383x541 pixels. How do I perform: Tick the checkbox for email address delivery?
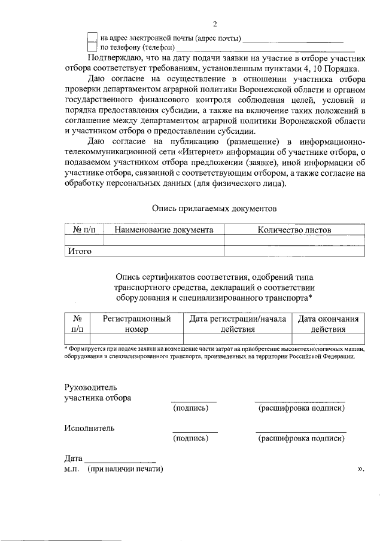click(x=92, y=37)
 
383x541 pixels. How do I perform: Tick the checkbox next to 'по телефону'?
click(x=92, y=47)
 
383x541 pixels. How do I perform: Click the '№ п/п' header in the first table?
click(x=84, y=230)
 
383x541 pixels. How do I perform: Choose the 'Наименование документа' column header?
click(x=164, y=230)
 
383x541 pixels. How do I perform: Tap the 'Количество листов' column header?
click(x=294, y=230)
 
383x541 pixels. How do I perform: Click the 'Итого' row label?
click(x=79, y=251)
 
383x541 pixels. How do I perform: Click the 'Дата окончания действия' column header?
click(x=328, y=323)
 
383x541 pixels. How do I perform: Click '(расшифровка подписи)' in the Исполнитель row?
click(x=301, y=438)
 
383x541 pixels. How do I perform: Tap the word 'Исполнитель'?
click(x=90, y=428)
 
